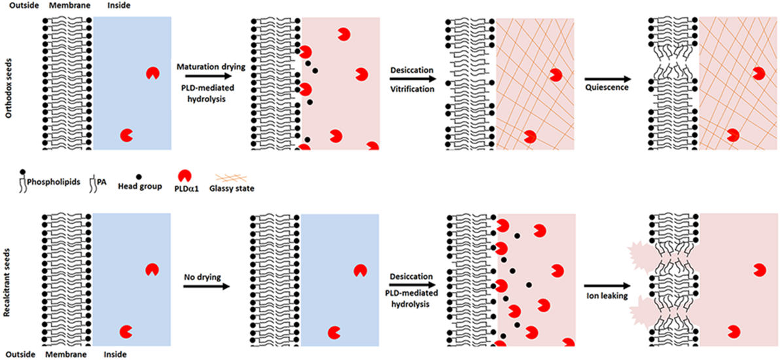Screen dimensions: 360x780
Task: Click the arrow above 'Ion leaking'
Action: tap(608, 285)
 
